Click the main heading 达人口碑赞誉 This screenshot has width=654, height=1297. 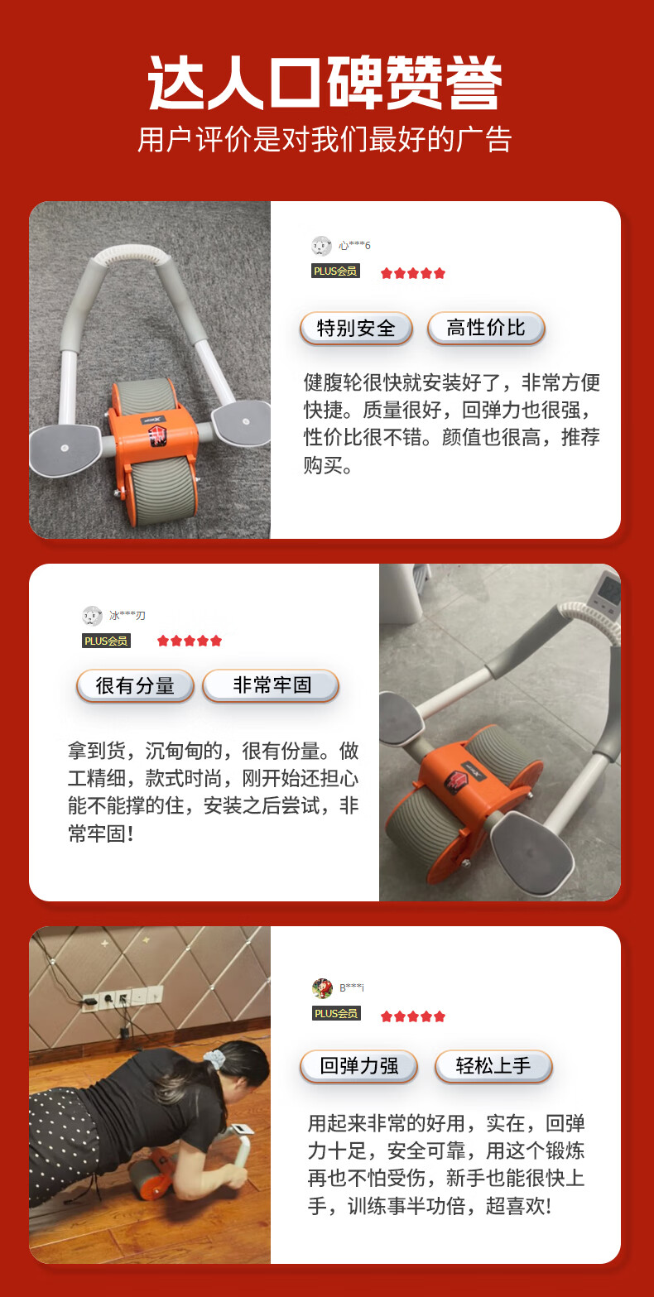click(325, 82)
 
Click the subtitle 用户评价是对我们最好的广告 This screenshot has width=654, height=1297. click(325, 140)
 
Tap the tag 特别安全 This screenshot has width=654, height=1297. click(356, 329)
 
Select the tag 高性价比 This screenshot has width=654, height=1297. click(486, 328)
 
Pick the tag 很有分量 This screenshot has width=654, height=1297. click(135, 686)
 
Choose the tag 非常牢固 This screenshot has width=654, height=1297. click(271, 685)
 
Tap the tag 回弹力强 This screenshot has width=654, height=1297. click(358, 1066)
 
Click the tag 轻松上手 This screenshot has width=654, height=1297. click(493, 1066)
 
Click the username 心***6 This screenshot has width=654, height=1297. click(354, 246)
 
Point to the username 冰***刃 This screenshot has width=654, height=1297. click(127, 616)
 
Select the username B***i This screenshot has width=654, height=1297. click(352, 987)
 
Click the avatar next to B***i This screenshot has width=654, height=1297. click(322, 987)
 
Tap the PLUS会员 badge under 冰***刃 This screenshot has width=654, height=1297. click(106, 641)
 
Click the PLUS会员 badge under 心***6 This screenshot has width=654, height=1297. click(335, 271)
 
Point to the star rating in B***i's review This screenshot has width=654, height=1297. click(413, 1016)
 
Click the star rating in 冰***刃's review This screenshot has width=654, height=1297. click(190, 641)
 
